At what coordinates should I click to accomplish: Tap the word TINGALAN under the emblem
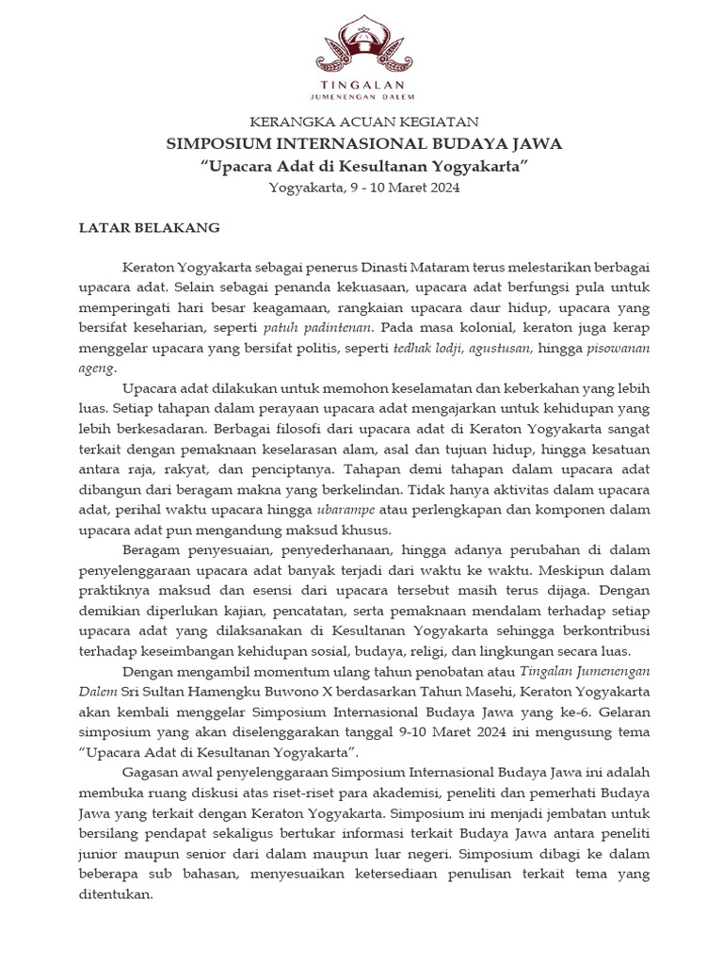point(361,83)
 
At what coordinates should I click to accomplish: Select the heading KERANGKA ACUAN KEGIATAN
point(363,122)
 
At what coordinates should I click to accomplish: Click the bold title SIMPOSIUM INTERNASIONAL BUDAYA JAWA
point(363,144)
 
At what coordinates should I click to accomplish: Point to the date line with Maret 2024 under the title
point(363,188)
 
